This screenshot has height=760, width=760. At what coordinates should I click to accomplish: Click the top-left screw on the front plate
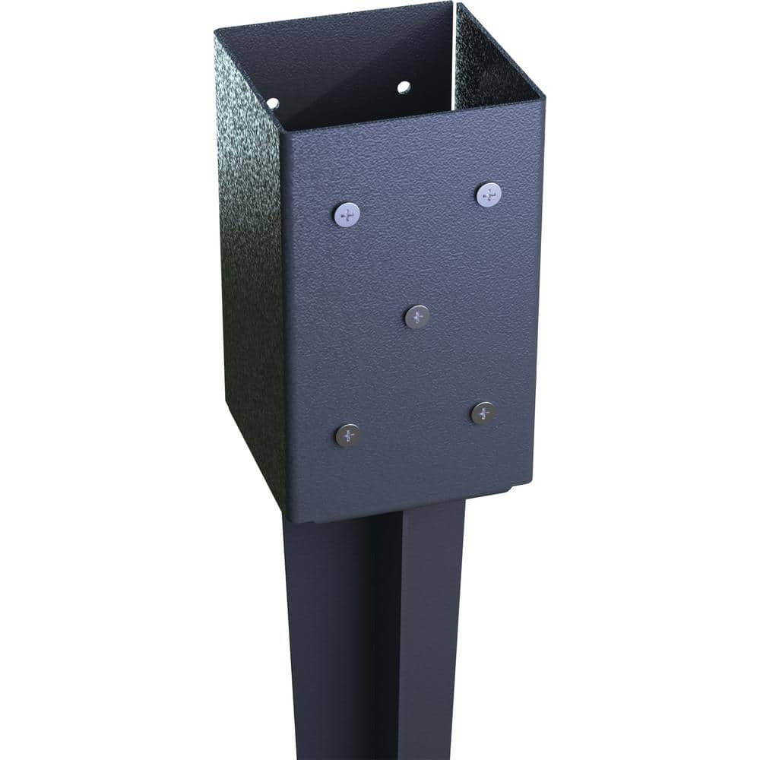click(x=347, y=214)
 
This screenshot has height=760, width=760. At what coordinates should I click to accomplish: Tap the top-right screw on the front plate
click(x=489, y=195)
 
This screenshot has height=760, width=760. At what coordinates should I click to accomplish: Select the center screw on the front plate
click(x=417, y=316)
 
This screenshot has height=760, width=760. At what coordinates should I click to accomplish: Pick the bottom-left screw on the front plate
click(x=348, y=435)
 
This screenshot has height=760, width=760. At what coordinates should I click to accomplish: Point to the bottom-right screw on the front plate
click(x=483, y=413)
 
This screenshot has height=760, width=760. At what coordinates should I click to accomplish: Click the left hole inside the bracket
click(x=273, y=103)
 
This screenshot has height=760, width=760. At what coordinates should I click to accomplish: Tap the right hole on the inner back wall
click(x=404, y=87)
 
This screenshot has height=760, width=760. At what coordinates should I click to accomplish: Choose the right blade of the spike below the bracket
click(x=429, y=631)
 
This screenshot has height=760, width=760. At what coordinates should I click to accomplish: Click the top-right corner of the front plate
click(x=543, y=98)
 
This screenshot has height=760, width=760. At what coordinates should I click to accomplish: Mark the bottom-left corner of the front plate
click(x=290, y=521)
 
